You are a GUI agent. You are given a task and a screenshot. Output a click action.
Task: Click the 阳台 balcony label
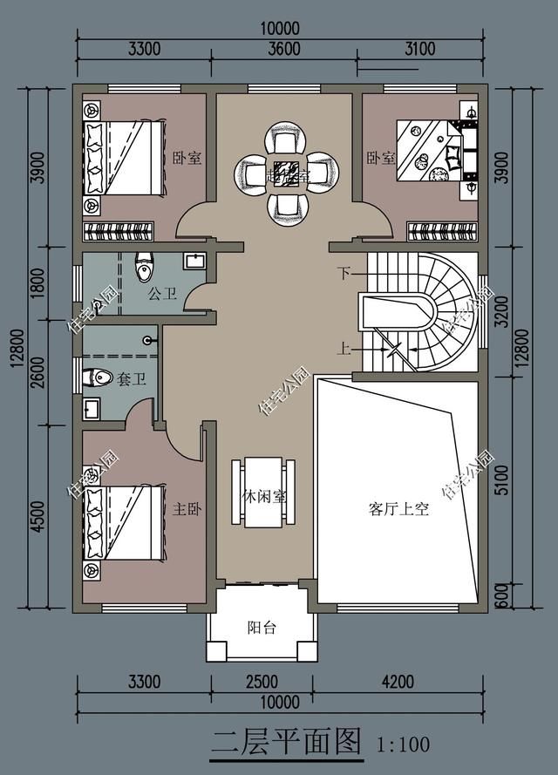[262, 627]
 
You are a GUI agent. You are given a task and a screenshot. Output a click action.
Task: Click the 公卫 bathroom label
[162, 295]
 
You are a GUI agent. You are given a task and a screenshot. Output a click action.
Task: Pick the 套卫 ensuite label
[133, 380]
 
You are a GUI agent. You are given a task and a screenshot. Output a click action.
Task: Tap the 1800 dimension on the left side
[37, 286]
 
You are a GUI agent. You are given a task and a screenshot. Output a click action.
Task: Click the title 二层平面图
[286, 743]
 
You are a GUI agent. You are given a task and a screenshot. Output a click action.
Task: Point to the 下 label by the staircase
[344, 274]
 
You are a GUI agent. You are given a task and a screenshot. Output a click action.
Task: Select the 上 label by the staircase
[344, 350]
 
